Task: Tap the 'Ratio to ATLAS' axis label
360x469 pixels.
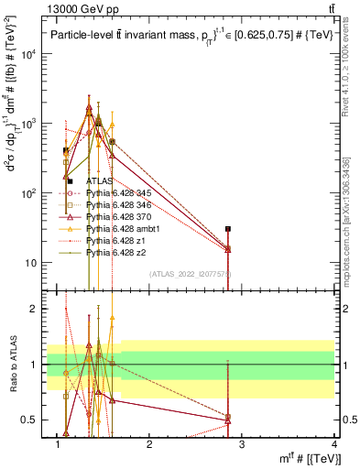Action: pos(16,364)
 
